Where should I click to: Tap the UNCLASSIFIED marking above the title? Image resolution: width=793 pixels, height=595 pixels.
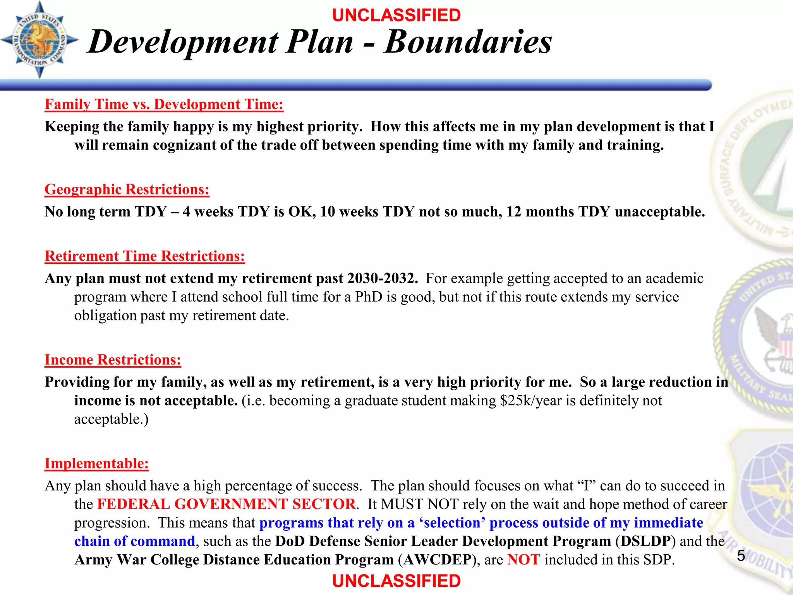pyautogui.click(x=396, y=15)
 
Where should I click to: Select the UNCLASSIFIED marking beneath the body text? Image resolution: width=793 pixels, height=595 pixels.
pyautogui.click(x=396, y=581)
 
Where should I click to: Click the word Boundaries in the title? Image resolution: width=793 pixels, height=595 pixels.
pyautogui.click(x=468, y=42)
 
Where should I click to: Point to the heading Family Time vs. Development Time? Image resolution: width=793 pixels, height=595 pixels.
pyautogui.click(x=164, y=105)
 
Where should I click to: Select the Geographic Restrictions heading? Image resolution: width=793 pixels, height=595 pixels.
pyautogui.click(x=127, y=189)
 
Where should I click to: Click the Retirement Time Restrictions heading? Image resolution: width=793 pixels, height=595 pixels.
pyautogui.click(x=145, y=256)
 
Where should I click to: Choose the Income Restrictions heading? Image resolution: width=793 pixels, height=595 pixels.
pyautogui.click(x=113, y=360)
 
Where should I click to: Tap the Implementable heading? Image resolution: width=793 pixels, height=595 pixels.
pyautogui.click(x=96, y=464)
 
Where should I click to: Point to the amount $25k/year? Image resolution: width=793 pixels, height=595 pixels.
pyautogui.click(x=530, y=401)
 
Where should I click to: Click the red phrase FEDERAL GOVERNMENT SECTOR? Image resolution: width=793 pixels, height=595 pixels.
pyautogui.click(x=226, y=504)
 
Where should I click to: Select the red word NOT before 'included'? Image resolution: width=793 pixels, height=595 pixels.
pyautogui.click(x=524, y=560)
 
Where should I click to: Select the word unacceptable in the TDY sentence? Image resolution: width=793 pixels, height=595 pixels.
pyautogui.click(x=659, y=212)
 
